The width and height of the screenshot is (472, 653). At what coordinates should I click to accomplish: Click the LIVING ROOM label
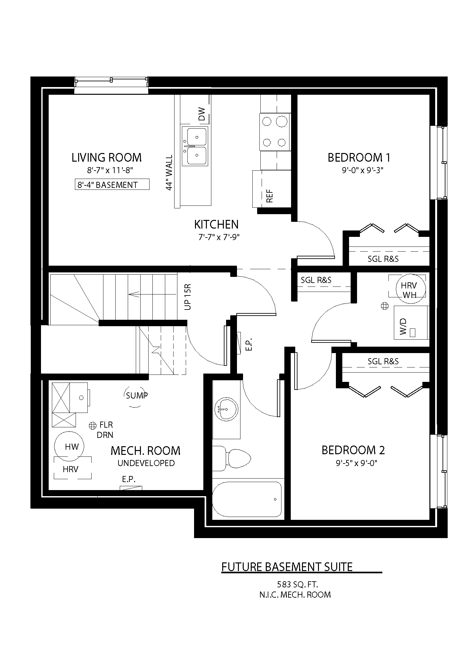[106, 157]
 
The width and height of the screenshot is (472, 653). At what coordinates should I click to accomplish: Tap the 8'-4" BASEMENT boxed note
[112, 184]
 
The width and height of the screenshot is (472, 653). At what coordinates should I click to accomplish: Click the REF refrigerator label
[270, 196]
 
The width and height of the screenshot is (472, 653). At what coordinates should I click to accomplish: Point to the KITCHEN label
[216, 224]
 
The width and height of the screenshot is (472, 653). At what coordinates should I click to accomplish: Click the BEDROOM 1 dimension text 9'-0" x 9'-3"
[362, 171]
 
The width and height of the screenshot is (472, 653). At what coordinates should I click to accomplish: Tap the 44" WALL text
[169, 173]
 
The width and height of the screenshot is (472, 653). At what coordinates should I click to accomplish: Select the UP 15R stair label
[188, 297]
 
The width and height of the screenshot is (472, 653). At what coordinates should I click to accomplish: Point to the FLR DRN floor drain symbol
[93, 425]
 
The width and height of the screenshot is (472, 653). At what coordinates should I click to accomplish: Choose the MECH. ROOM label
[145, 451]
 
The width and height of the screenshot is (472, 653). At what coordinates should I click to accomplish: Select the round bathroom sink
[226, 409]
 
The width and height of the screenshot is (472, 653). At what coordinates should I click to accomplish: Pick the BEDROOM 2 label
[353, 450]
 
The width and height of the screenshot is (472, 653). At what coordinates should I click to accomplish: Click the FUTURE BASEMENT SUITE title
[287, 567]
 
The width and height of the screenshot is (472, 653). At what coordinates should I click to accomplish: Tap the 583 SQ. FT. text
[297, 584]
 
